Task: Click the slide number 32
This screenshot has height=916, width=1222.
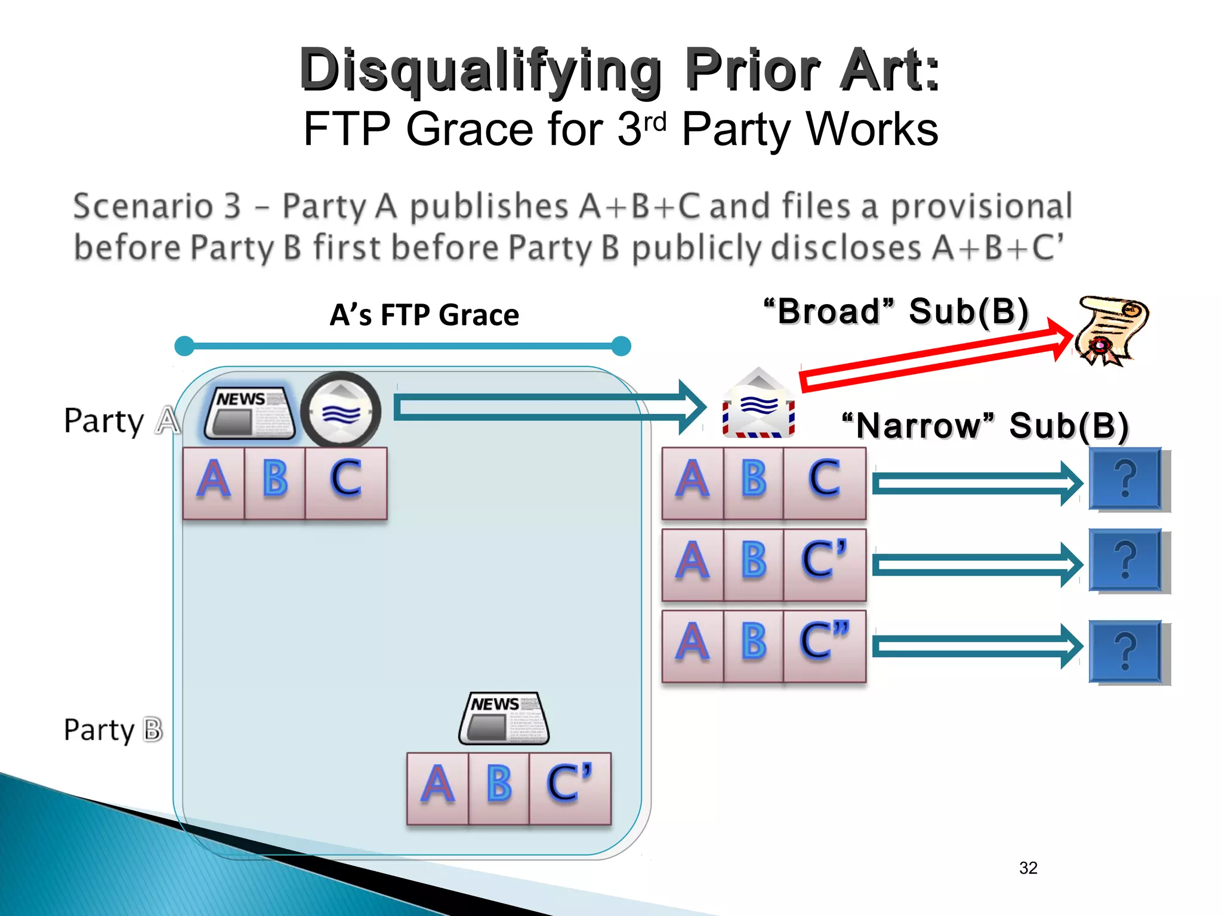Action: (1028, 868)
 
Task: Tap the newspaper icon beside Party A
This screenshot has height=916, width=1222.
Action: (249, 413)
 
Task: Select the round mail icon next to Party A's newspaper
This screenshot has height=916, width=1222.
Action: (341, 411)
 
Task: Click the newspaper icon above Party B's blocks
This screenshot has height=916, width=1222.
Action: (504, 718)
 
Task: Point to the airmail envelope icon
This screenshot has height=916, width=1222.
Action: (758, 406)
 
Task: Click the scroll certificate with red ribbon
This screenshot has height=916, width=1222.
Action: (1111, 329)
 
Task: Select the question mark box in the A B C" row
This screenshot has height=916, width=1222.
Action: (1125, 651)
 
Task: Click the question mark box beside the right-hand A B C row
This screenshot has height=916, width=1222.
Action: (1125, 479)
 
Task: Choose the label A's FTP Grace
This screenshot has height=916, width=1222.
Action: (424, 315)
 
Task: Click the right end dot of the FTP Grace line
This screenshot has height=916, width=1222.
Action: (621, 346)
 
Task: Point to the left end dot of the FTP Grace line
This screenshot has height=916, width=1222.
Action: (184, 346)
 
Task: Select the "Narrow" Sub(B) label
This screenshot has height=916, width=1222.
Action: (985, 426)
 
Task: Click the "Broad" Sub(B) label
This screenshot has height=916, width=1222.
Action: (896, 311)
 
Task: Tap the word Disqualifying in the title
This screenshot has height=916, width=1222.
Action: (480, 70)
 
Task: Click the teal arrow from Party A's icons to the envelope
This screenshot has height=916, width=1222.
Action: (549, 408)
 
